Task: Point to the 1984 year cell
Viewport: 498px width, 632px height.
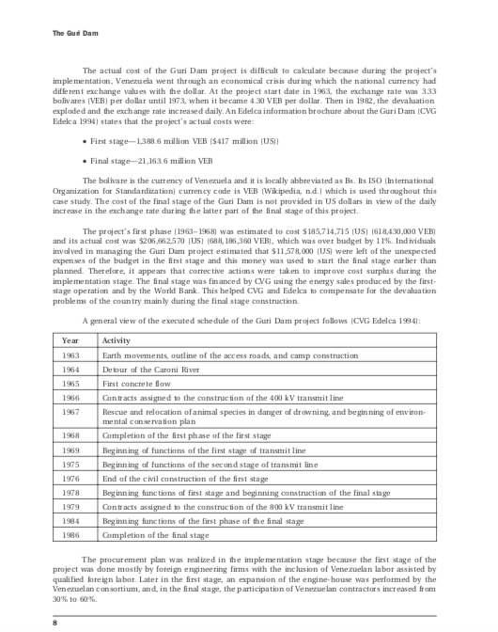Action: pos(71,520)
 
